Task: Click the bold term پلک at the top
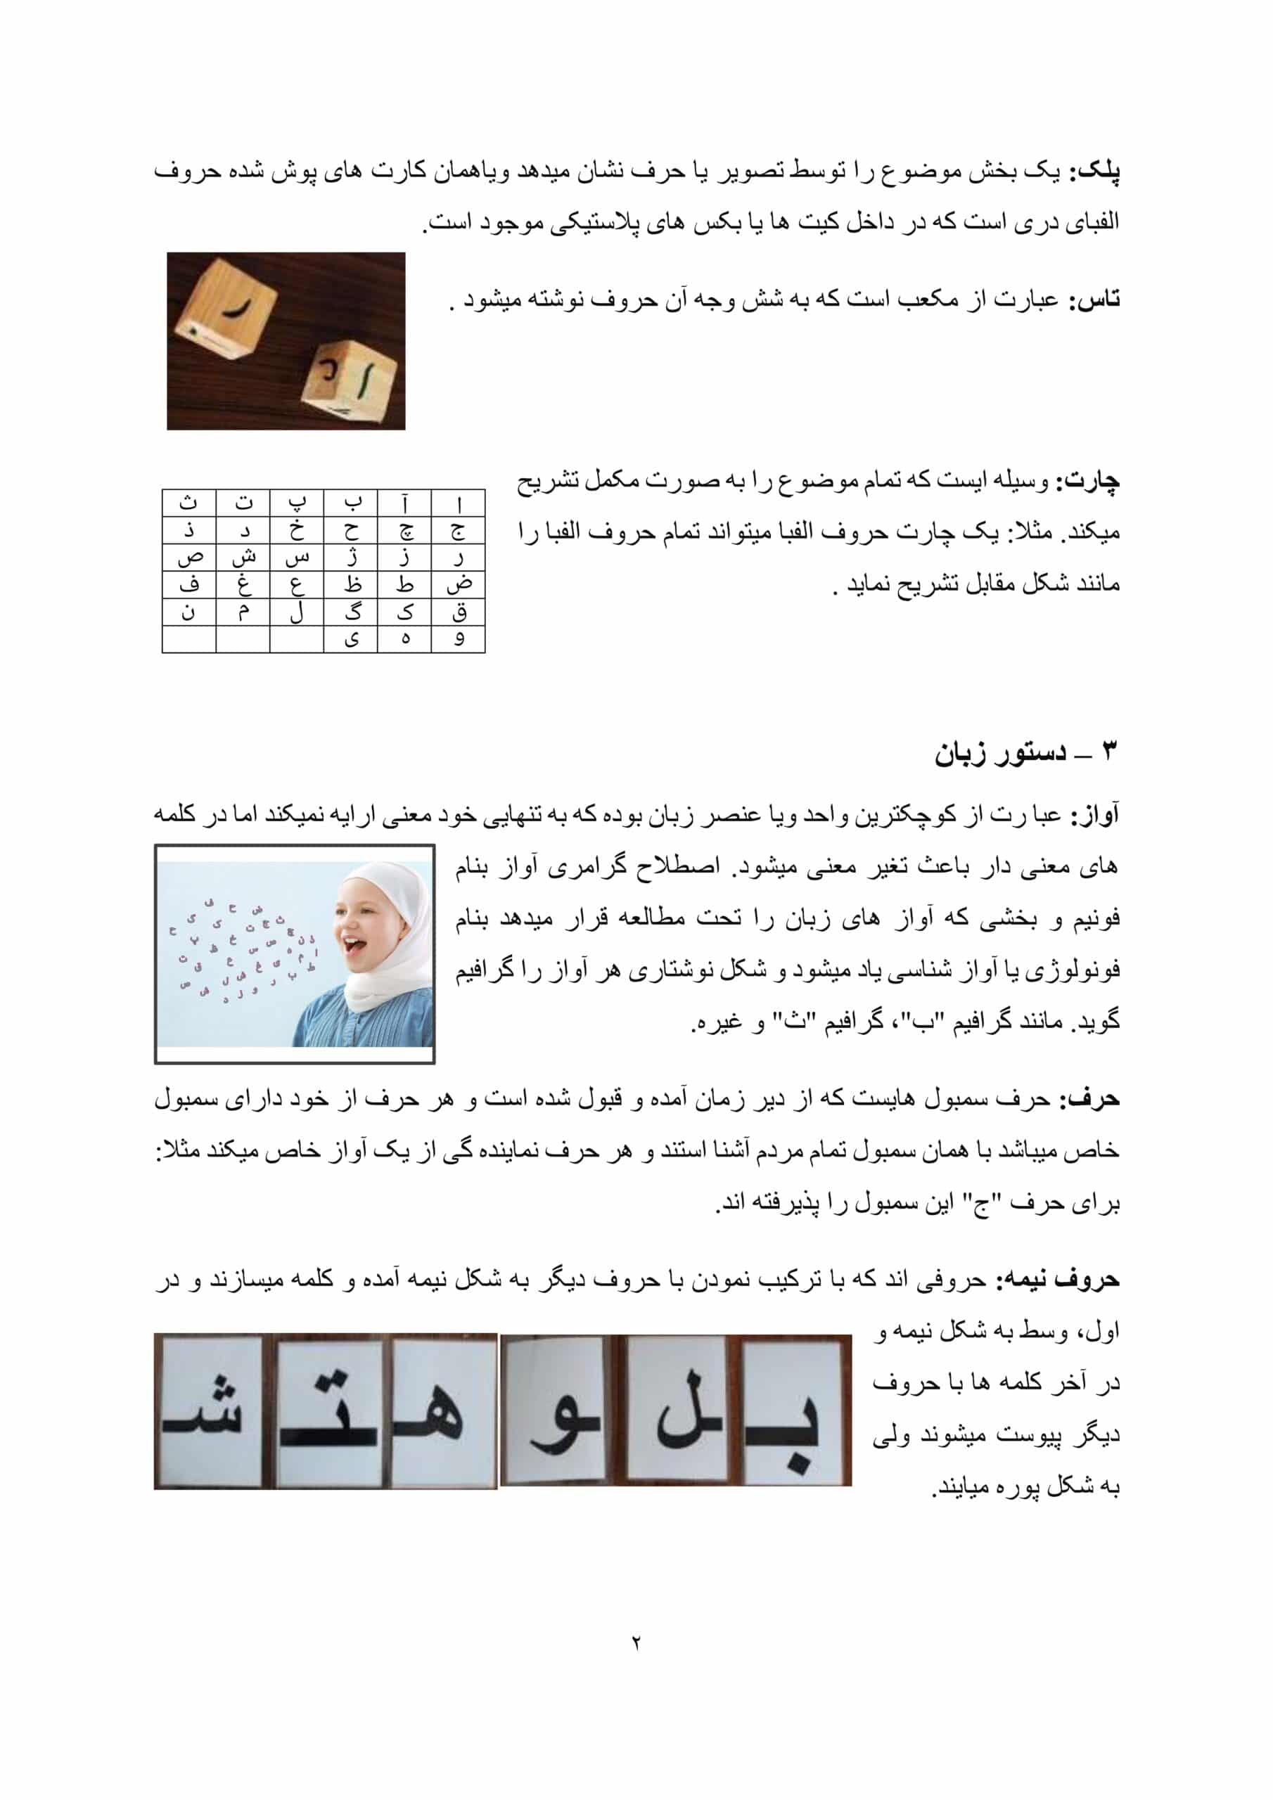click(1098, 172)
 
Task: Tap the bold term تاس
click(1096, 300)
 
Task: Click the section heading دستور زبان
click(1001, 753)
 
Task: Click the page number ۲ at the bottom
click(635, 1642)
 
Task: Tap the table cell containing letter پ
click(297, 503)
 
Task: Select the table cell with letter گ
click(351, 612)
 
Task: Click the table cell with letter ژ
click(351, 558)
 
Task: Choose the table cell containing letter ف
click(189, 585)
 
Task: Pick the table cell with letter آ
click(404, 503)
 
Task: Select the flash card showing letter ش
click(209, 1412)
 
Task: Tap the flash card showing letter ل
click(681, 1412)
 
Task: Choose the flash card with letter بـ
click(792, 1412)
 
